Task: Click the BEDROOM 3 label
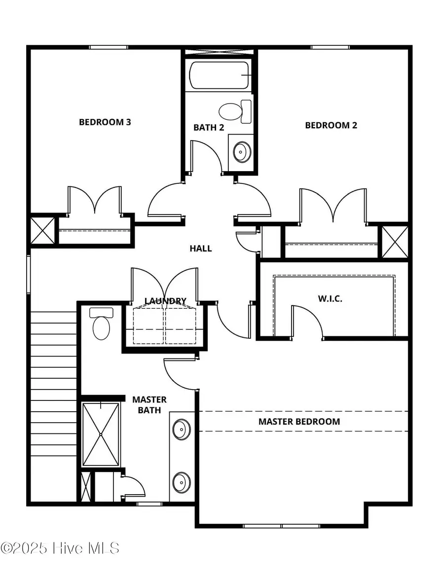point(105,122)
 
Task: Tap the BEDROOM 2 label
point(331,125)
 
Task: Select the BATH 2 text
point(209,127)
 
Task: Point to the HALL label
point(201,249)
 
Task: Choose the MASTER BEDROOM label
point(299,422)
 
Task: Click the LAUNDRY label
point(165,301)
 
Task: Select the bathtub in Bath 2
point(220,75)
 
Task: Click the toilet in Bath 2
point(235,111)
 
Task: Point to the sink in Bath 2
point(241,152)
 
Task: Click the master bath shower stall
point(101,434)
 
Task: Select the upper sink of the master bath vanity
point(182,428)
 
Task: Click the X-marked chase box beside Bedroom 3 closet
point(42,230)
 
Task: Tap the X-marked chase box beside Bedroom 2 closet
point(395,241)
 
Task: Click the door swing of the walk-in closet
point(308,321)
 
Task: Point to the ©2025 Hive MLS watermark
point(60,548)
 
